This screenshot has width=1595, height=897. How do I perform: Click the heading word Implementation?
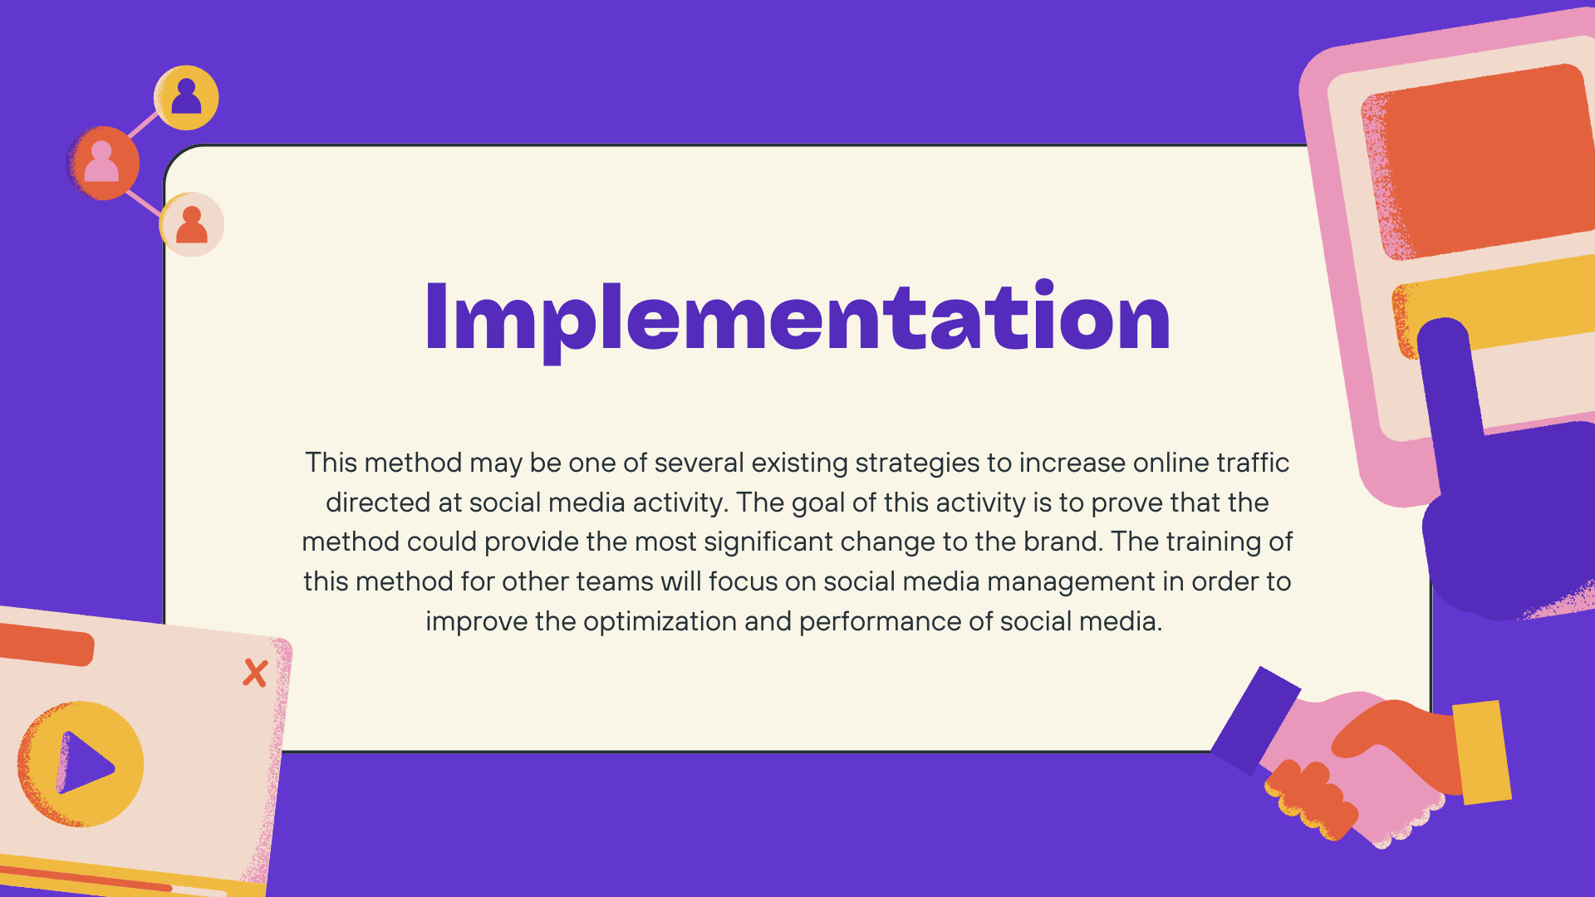(x=797, y=318)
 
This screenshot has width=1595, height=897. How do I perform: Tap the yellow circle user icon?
(x=186, y=98)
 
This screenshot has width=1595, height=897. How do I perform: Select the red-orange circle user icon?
(x=102, y=163)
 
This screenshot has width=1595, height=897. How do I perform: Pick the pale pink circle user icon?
(x=192, y=225)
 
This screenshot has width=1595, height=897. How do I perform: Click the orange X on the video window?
(x=255, y=673)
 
